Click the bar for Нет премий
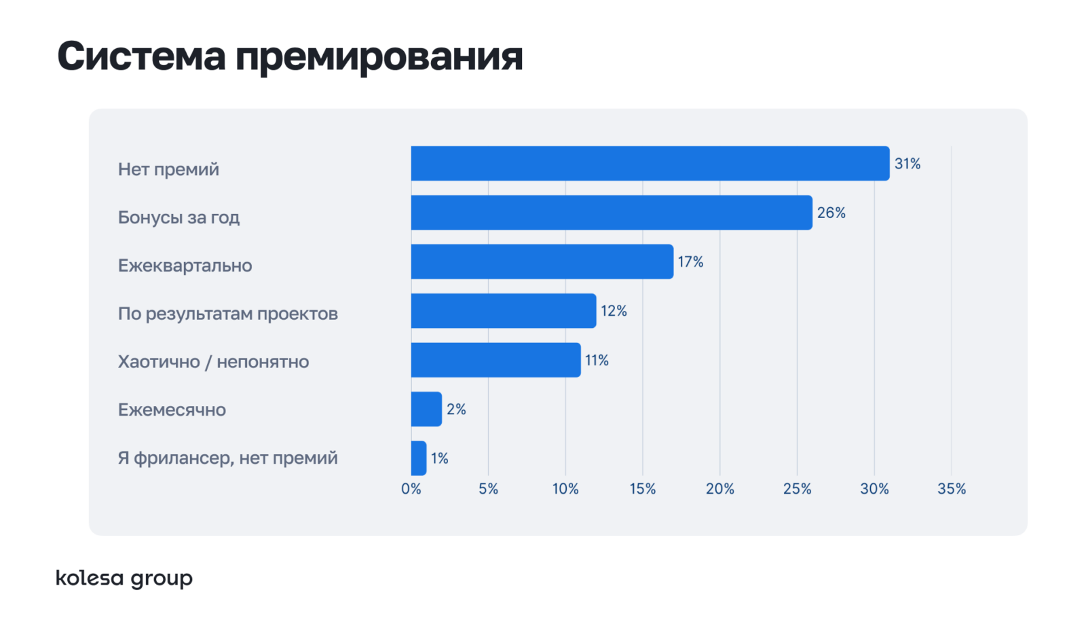point(650,164)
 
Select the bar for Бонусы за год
point(612,213)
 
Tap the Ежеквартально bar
point(542,261)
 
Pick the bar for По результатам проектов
point(504,311)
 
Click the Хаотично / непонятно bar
point(496,360)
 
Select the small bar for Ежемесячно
point(427,409)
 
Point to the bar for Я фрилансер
point(419,458)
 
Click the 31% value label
point(907,164)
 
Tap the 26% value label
point(831,213)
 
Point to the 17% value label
point(690,262)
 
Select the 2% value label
point(456,409)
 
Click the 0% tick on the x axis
point(411,489)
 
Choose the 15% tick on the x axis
point(642,489)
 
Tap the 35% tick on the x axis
point(951,489)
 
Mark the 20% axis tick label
point(719,489)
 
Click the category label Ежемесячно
point(172,410)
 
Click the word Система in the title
point(141,56)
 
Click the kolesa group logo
point(124,578)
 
